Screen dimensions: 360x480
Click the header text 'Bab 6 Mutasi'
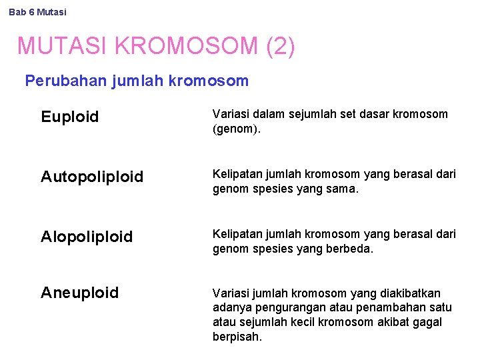38,12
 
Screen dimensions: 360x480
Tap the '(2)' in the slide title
280,46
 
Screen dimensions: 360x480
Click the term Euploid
69,117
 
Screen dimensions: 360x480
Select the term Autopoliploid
92,177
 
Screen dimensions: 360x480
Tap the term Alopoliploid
87,237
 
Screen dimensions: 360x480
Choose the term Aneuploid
80,293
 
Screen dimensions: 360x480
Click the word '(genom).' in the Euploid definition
237,129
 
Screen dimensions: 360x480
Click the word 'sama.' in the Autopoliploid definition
343,189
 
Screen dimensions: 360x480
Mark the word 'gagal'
427,322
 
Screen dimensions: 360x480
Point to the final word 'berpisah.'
237,337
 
